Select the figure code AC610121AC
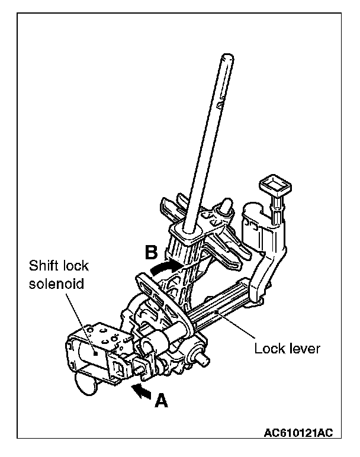[298, 433]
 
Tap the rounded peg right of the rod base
[226, 206]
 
